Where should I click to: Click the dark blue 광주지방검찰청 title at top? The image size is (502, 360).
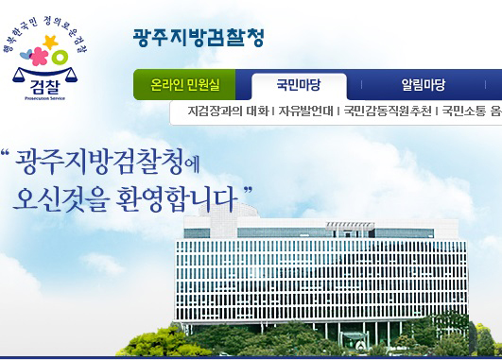click(199, 38)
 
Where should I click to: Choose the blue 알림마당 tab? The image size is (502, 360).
click(423, 85)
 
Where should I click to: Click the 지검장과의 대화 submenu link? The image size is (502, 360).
click(228, 111)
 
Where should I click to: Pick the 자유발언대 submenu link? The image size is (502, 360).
click(305, 111)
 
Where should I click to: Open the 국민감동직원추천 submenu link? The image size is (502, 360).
click(388, 111)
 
